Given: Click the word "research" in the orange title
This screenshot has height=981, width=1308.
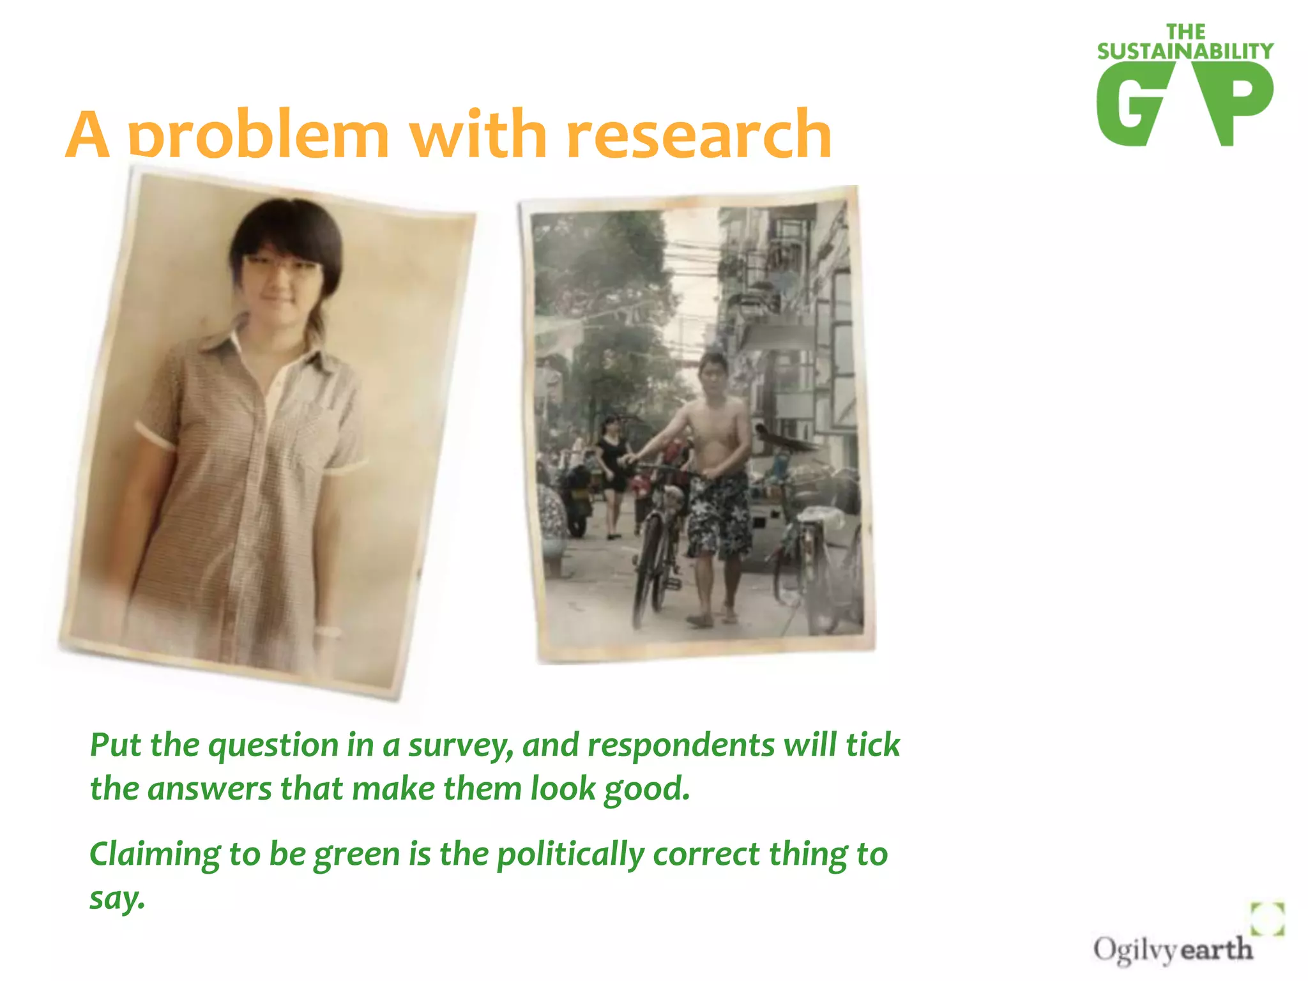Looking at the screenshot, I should pyautogui.click(x=699, y=135).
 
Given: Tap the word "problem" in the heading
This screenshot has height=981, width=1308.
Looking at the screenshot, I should pyautogui.click(x=259, y=135).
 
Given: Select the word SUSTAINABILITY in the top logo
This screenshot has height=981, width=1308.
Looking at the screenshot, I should pyautogui.click(x=1185, y=51).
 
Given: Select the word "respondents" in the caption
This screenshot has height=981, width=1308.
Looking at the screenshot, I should pyautogui.click(x=681, y=746).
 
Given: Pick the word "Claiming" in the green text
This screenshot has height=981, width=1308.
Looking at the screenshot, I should pyautogui.click(x=153, y=855).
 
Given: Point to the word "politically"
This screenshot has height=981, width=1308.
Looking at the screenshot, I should pyautogui.click(x=570, y=855).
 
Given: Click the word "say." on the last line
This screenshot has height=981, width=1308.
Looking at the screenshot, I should pyautogui.click(x=117, y=898).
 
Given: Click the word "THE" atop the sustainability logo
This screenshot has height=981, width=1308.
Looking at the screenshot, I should pyautogui.click(x=1185, y=31).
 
